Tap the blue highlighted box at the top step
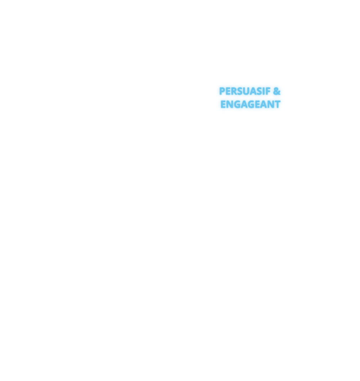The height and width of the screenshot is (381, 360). coord(250,97)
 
